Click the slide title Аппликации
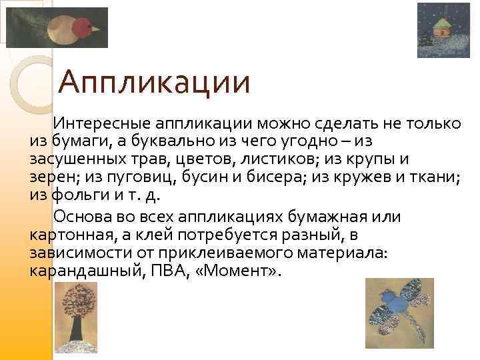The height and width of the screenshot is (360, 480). pos(154,83)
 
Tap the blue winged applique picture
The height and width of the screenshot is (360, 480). pos(399,309)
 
